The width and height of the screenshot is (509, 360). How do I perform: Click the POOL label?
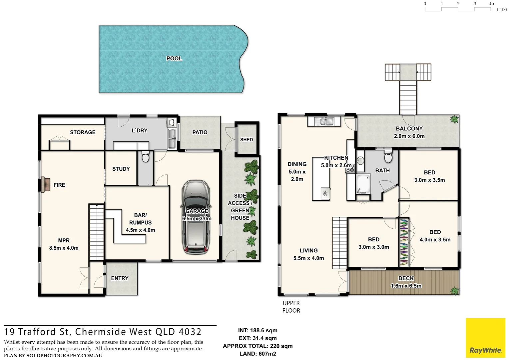tap(174, 58)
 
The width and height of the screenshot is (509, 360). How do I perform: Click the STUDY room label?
tap(121, 169)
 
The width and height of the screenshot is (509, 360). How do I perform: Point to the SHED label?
tap(247, 140)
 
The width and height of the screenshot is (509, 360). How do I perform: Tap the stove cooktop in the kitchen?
tap(350, 170)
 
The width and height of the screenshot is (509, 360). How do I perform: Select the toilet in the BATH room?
tap(388, 156)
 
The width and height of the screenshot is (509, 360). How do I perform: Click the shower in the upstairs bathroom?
tap(363, 184)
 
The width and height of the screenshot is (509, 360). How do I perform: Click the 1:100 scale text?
tap(501, 10)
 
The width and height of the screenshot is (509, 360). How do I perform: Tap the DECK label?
tap(406, 278)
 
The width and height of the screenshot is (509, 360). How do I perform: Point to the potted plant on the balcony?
tap(454, 119)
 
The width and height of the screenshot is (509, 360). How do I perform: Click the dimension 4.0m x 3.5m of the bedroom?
tap(435, 240)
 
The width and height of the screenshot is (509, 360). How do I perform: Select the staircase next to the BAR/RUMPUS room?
tap(97, 232)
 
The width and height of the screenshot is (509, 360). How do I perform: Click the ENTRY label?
tap(120, 278)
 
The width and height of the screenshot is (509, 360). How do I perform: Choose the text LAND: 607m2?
tap(257, 354)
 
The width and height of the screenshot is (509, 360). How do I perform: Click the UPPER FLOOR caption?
tap(291, 307)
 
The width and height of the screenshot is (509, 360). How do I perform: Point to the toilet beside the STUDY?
tap(146, 157)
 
